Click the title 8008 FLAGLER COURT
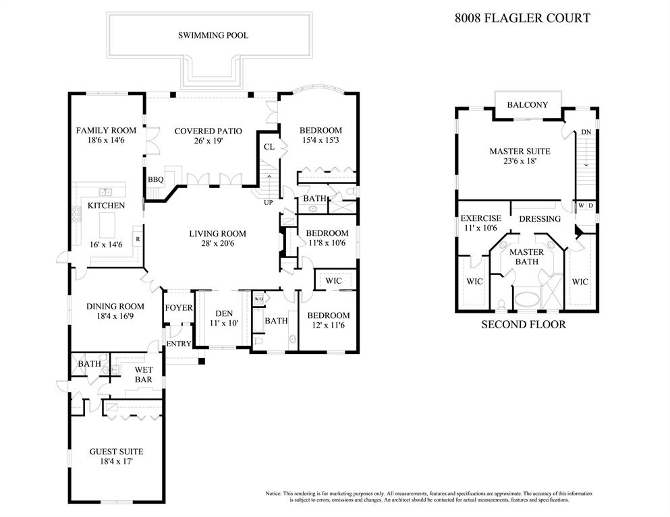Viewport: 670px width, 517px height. [x=522, y=18]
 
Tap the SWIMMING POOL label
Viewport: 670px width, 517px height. [x=213, y=35]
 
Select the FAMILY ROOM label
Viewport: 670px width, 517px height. [x=106, y=130]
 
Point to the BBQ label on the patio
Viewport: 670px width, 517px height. [x=156, y=180]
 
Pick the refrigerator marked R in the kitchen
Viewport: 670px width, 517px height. [x=138, y=239]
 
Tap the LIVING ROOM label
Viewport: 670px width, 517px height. [x=217, y=234]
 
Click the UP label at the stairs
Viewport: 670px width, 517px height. [x=268, y=203]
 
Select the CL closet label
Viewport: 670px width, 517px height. [x=269, y=147]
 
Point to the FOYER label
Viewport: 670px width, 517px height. [x=179, y=308]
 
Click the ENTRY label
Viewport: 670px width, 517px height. [x=179, y=344]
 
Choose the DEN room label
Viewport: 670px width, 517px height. [x=223, y=313]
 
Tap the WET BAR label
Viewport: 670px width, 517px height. [x=142, y=375]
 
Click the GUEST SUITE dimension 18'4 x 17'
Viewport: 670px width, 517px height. [x=116, y=462]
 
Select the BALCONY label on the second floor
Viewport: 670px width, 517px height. [x=527, y=104]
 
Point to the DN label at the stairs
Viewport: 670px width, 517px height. [x=586, y=133]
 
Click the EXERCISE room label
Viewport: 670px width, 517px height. [x=480, y=218]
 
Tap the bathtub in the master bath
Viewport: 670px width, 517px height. [x=528, y=299]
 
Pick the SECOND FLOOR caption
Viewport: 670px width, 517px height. [x=523, y=325]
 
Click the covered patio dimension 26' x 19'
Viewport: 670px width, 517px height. [x=208, y=142]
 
